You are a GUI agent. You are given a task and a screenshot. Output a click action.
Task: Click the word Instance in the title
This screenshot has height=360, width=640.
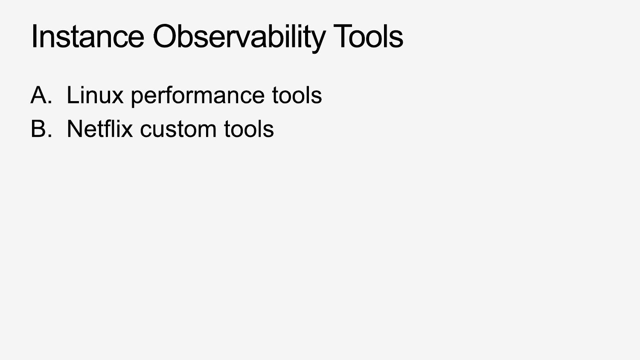click(x=88, y=36)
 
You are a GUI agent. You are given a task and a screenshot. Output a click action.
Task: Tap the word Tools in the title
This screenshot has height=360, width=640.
click(x=368, y=36)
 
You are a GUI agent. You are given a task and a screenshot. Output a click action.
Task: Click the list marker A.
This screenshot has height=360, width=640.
click(x=41, y=95)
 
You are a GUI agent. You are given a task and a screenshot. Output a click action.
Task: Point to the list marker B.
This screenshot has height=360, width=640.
click(x=41, y=129)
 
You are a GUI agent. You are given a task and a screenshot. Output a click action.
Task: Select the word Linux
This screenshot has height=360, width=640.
click(x=95, y=95)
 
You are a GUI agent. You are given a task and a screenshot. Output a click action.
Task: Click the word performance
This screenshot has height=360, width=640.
click(x=198, y=97)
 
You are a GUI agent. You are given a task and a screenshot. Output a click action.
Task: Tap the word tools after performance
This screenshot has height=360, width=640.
click(x=297, y=95)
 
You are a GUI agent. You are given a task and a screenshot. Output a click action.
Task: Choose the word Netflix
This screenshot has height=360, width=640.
click(x=100, y=129)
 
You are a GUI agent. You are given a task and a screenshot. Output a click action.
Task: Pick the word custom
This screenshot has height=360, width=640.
click(x=178, y=130)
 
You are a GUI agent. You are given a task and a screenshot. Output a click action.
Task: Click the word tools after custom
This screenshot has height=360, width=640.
click(x=249, y=129)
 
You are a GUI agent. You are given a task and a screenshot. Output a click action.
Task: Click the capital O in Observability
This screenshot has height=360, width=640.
click(x=166, y=36)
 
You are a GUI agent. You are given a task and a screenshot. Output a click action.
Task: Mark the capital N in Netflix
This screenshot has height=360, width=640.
click(x=74, y=128)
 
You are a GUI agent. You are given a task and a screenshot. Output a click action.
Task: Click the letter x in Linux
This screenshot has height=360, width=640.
click(x=117, y=97)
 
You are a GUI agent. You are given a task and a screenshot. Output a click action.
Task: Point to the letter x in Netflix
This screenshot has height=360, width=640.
click(x=127, y=131)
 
